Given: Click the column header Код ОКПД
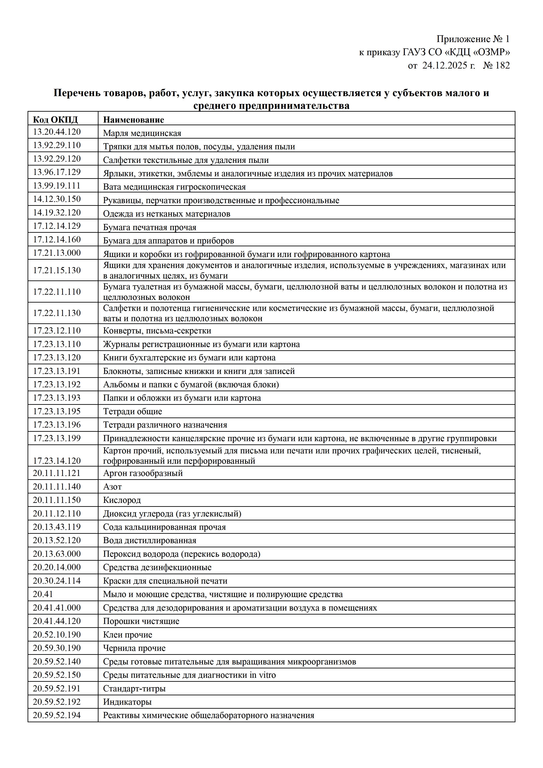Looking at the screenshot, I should pos(55,120).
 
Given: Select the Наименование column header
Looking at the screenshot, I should pos(134,120).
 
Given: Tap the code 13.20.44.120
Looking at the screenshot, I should pos(57,132).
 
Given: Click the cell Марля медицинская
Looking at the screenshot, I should pos(142,133).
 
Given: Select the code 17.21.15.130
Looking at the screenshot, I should pos(57,270).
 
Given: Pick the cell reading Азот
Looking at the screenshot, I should pos(112,487).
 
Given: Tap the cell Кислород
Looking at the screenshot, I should pos(122,500).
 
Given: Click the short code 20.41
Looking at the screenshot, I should pos(43,594).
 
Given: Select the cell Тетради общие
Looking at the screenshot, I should pos(133,411).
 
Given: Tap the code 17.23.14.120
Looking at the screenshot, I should pos(57,461).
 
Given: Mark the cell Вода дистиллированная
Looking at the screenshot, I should pos(150,541).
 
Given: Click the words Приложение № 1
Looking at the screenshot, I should pos(473,39).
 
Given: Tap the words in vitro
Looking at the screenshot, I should pos(262,675).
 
